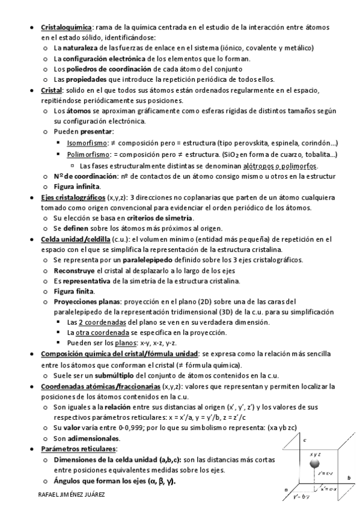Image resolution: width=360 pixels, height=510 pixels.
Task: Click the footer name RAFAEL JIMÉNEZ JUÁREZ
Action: [71, 494]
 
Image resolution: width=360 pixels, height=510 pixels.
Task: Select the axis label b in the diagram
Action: [349, 478]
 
